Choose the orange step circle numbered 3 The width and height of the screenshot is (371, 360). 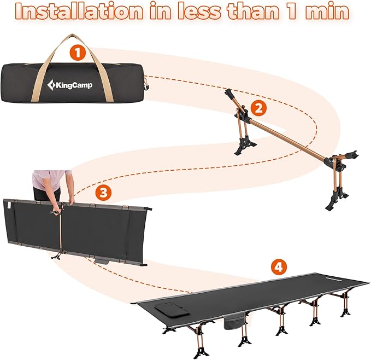tap(102, 193)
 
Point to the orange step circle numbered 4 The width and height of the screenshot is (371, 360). tap(279, 267)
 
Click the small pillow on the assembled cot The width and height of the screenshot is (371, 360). tap(170, 307)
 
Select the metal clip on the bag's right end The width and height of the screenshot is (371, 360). tap(145, 84)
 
